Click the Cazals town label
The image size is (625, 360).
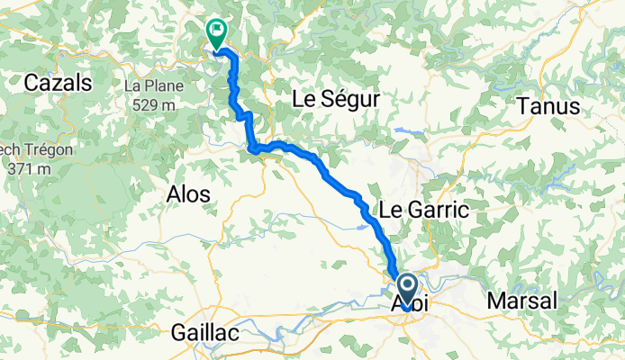coord(59,83)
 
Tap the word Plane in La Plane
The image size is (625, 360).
coord(164,87)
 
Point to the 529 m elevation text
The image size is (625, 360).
coord(149,104)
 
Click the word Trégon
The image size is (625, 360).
coord(33,150)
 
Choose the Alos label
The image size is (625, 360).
coord(189,193)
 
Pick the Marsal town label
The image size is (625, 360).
coord(522,300)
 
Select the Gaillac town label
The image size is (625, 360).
coord(204,333)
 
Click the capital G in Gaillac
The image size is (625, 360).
coord(178,333)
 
